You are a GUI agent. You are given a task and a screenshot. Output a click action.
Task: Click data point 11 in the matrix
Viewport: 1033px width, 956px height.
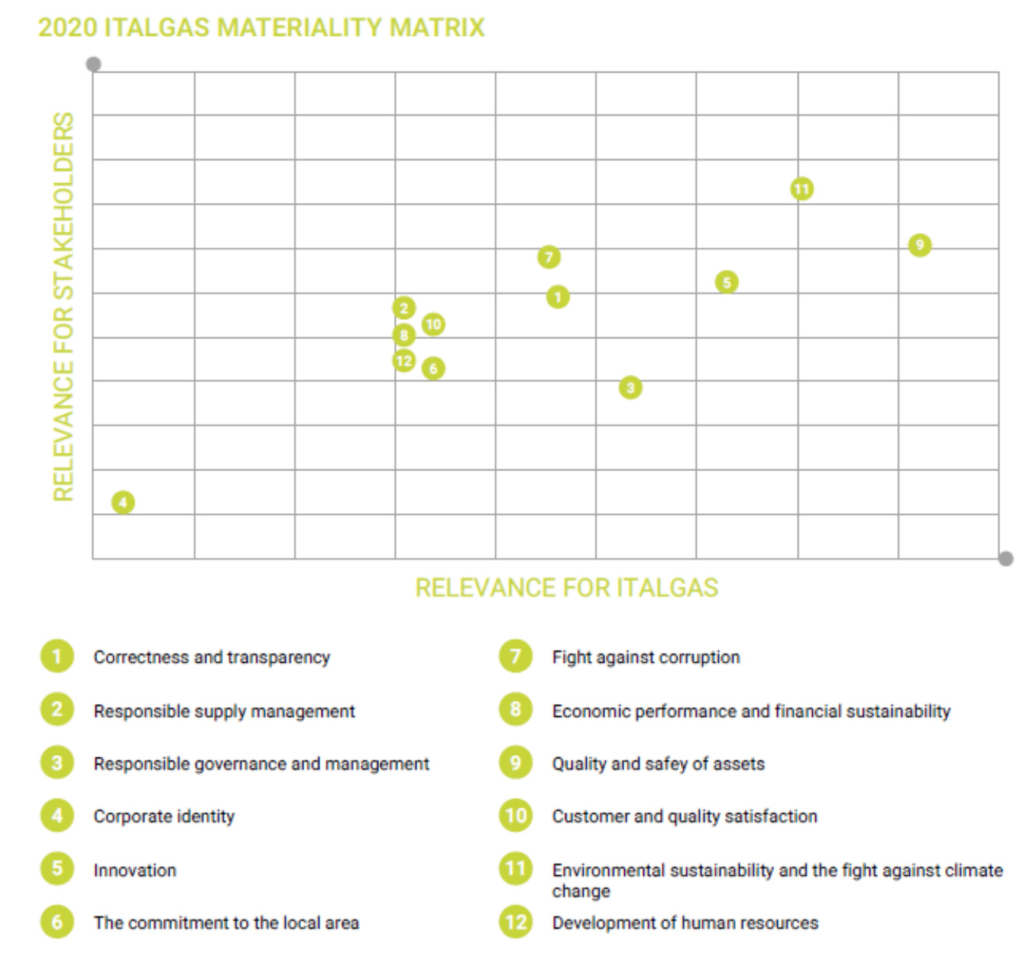tap(801, 189)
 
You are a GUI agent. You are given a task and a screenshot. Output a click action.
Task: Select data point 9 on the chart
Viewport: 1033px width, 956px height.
tap(919, 245)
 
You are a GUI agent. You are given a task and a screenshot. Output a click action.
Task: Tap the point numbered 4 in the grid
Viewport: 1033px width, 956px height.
tap(123, 502)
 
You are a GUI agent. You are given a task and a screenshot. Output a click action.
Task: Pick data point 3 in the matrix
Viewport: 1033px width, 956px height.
tap(630, 388)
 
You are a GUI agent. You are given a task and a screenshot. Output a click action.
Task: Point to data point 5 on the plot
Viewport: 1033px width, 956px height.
tap(727, 283)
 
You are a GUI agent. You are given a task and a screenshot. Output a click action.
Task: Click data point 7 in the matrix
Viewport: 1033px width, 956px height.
tap(549, 257)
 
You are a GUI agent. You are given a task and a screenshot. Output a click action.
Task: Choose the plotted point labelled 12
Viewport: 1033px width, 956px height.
tap(404, 360)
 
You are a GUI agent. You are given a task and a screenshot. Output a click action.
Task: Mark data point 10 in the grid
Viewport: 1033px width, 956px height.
tap(433, 325)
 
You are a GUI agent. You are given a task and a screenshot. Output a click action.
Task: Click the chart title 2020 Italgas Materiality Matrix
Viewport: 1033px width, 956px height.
tap(261, 27)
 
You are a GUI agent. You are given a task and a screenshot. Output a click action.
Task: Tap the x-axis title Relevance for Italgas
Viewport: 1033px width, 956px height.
tap(566, 588)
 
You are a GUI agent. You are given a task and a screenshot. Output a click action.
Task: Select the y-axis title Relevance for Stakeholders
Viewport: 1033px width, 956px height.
tap(63, 306)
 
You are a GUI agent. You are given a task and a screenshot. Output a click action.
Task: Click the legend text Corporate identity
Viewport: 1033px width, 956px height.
tap(164, 816)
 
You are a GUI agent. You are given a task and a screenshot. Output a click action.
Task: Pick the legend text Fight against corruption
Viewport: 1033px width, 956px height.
tap(646, 657)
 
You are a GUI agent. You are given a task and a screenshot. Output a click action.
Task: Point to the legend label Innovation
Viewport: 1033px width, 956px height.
tap(134, 870)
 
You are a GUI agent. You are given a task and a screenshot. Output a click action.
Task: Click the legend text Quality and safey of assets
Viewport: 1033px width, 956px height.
tap(658, 764)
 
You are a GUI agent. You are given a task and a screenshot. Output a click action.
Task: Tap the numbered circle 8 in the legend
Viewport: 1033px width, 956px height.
tap(516, 710)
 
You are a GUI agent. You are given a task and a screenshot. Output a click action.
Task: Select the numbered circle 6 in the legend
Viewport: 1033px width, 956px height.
tap(57, 922)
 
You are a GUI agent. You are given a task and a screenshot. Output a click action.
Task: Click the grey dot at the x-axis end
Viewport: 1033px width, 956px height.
tap(1005, 559)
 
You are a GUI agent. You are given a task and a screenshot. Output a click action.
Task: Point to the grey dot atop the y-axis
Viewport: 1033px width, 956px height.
tap(94, 64)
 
